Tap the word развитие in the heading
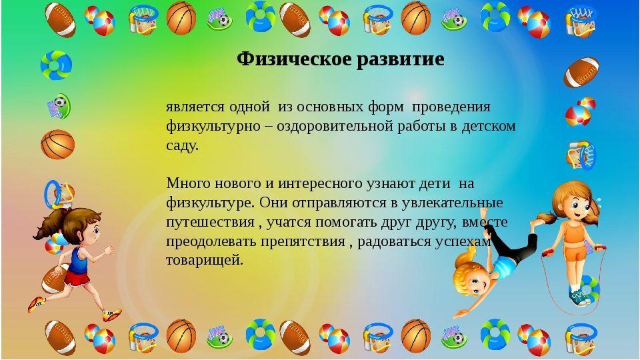pos(401,60)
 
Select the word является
pos(195,107)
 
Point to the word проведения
pos(451,107)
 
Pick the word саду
pos(182,145)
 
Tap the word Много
pos(187,183)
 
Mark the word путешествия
pos(210,223)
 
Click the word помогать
pos(346,222)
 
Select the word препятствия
pos(303,241)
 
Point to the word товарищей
pos(204,261)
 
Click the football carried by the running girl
pos(54,279)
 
